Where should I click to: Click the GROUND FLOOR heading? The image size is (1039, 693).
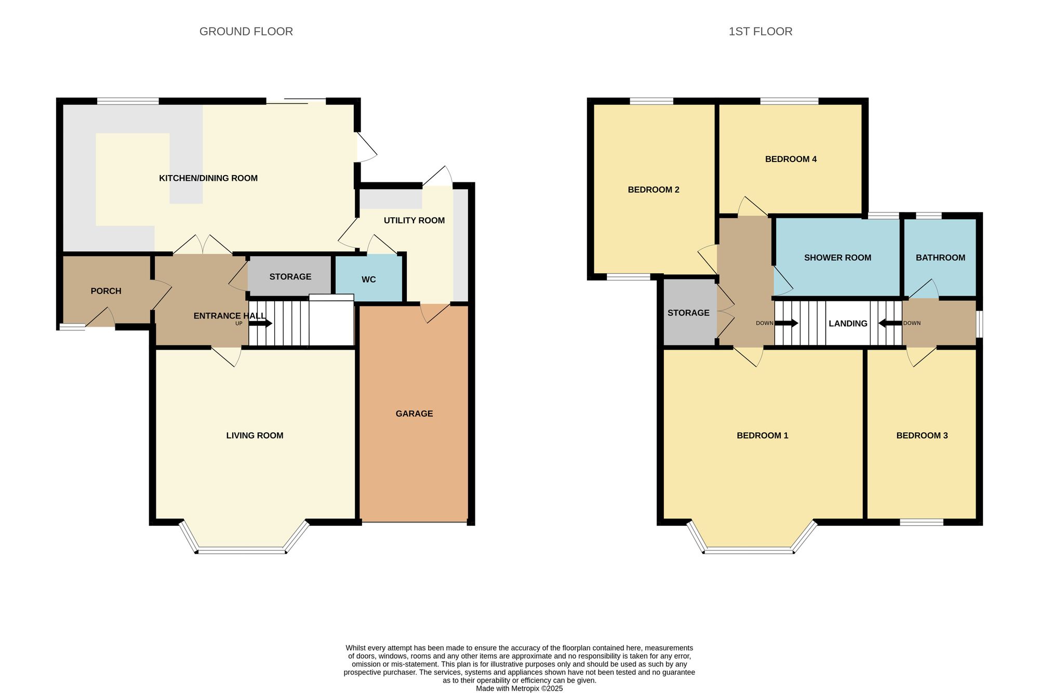coord(246,32)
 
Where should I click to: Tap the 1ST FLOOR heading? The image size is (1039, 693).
coord(760,32)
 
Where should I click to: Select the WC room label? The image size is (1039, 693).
coord(368,279)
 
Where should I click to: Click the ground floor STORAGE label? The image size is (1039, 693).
coord(290,277)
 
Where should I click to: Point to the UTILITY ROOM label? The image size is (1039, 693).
coord(414,220)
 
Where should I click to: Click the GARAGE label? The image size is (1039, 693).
coord(414,414)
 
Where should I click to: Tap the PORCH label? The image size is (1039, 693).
coord(106,291)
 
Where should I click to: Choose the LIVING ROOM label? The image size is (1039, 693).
coord(255,435)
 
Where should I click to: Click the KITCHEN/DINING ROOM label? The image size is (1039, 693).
coord(208,178)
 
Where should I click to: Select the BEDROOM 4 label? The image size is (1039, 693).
coord(791,159)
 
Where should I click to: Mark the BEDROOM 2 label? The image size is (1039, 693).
coord(654,190)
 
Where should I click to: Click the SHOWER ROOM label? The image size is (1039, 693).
coord(837,258)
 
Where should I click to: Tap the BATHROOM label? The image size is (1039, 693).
coord(940,258)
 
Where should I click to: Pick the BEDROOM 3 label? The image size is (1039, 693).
coord(922,435)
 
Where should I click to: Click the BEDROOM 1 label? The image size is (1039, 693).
coord(762,435)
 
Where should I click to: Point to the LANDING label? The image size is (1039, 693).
coord(848,324)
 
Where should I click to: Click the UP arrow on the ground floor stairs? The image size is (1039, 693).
coord(261,323)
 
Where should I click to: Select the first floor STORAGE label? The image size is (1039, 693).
coord(688,313)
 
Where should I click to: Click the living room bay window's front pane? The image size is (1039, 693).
coord(242,551)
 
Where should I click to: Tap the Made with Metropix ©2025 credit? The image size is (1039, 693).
coord(519,688)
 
